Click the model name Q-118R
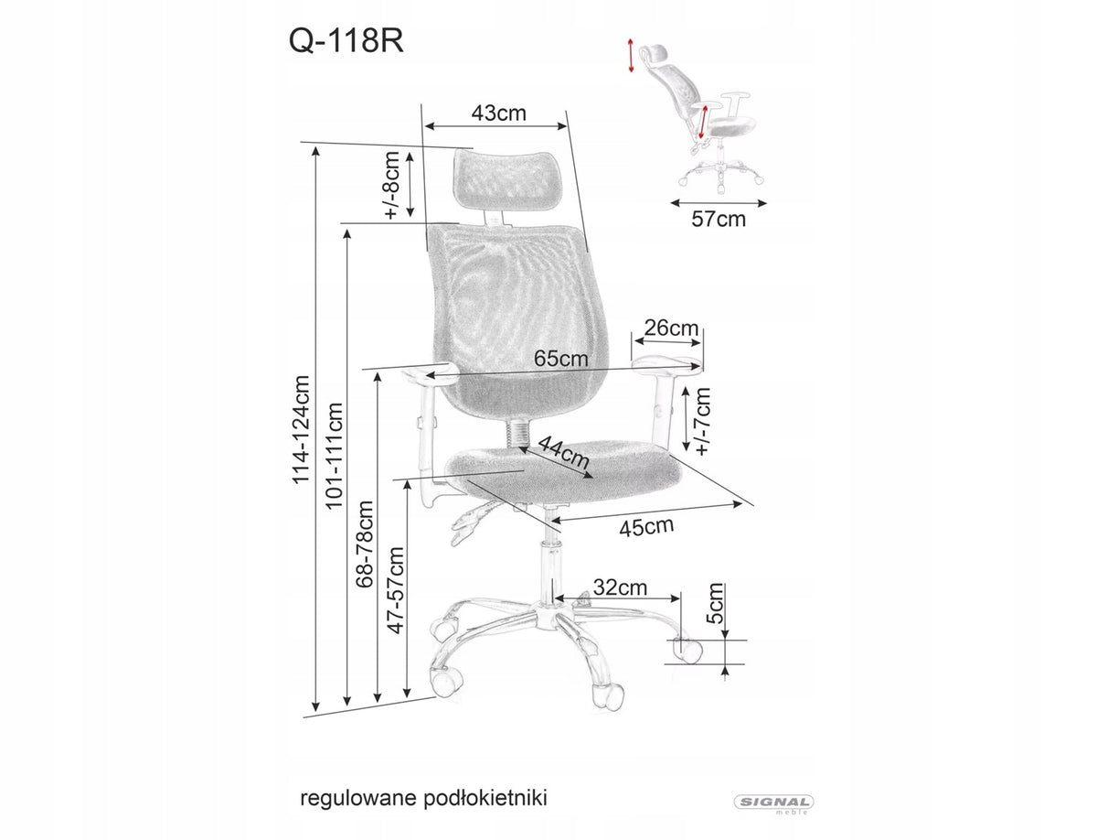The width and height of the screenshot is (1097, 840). tap(346, 41)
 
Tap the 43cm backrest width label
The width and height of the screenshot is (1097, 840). tap(499, 113)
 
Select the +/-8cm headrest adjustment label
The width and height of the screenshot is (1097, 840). tap(392, 186)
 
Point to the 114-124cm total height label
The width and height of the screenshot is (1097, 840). tap(302, 429)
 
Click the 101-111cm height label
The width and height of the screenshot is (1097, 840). tap(335, 456)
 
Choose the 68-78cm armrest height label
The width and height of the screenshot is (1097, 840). tap(365, 544)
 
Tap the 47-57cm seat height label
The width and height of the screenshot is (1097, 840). tap(395, 590)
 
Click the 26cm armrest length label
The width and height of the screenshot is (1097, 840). tap(671, 328)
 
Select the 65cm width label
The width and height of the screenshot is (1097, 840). tap(561, 358)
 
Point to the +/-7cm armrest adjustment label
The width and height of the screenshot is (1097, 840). tap(703, 421)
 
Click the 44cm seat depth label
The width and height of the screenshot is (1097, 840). tap(564, 452)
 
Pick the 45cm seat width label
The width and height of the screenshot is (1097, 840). tap(646, 527)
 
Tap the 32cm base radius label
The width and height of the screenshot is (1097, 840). tap(620, 587)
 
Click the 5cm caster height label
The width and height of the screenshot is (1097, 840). tap(715, 603)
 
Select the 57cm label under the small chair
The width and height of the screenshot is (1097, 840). tap(719, 220)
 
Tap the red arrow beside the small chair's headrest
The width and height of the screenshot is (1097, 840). tap(631, 55)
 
